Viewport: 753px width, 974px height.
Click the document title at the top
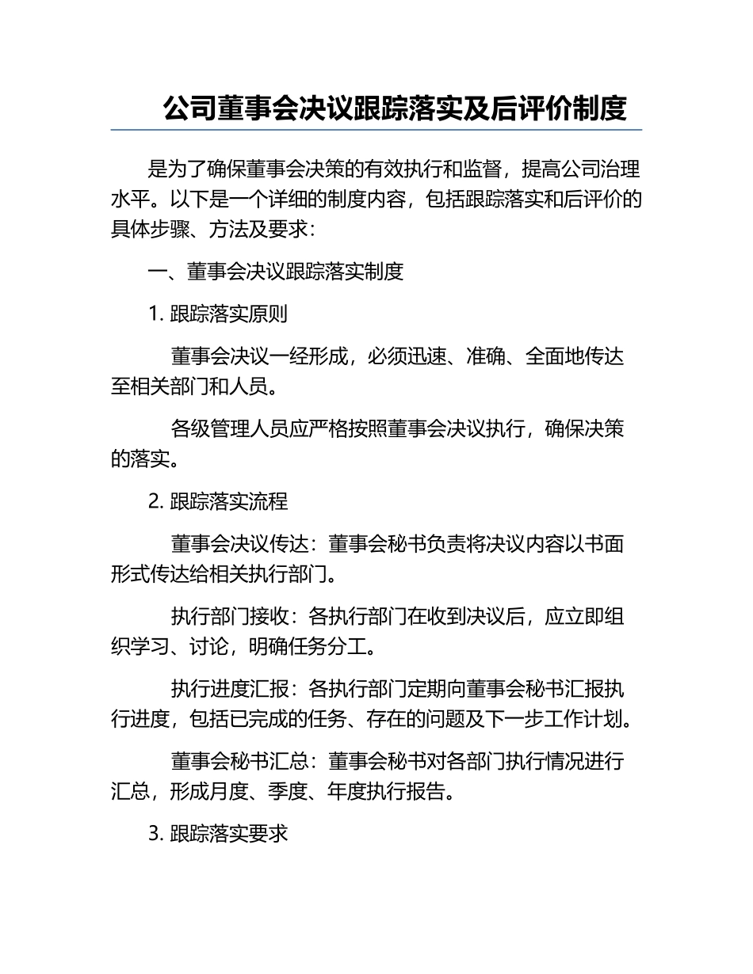click(x=395, y=108)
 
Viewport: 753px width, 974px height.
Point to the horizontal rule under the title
click(x=376, y=130)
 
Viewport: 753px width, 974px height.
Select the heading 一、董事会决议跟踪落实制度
click(x=277, y=272)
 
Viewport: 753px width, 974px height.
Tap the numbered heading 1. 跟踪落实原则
click(x=218, y=314)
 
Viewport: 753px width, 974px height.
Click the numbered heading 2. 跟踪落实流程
click(x=218, y=501)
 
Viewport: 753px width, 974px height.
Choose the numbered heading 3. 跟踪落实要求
click(x=218, y=834)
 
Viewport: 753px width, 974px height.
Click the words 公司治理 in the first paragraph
click(x=601, y=169)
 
